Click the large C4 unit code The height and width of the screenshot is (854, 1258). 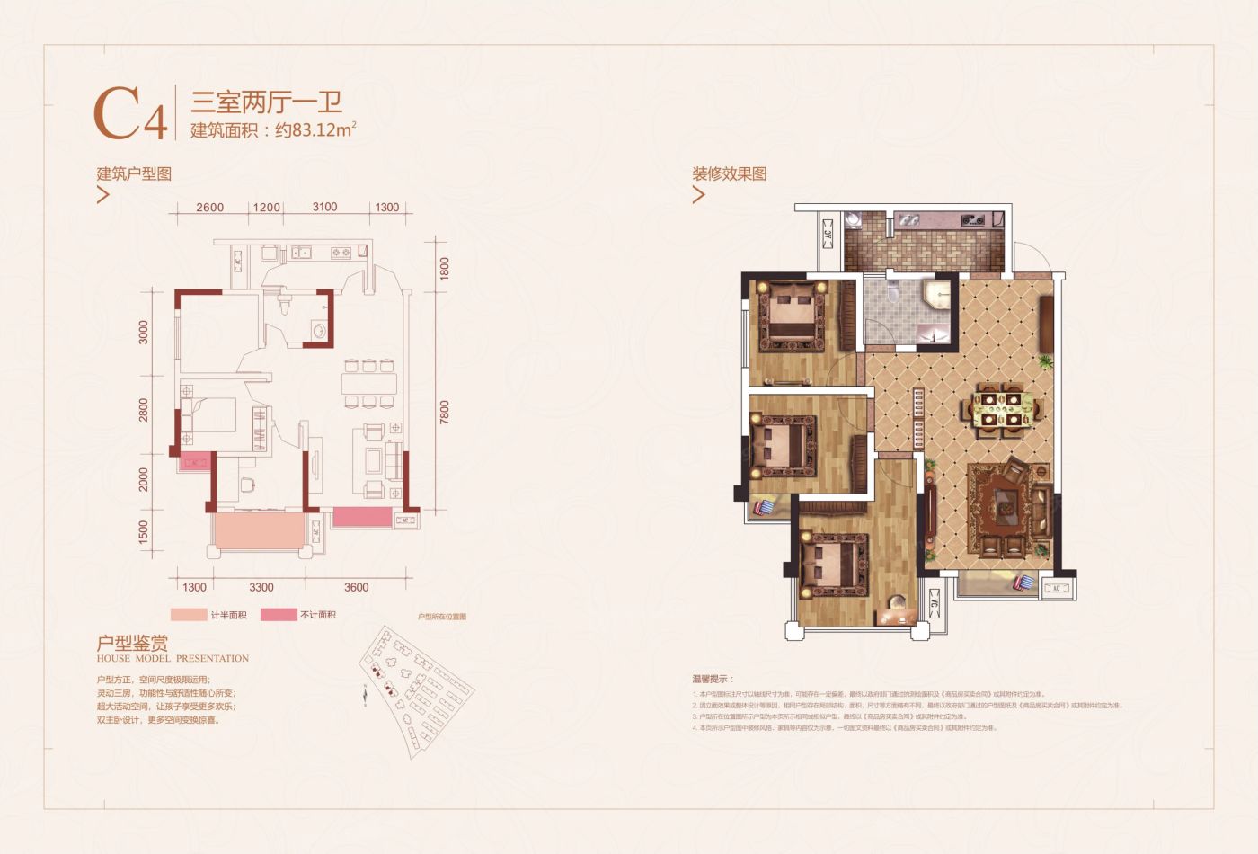point(131,114)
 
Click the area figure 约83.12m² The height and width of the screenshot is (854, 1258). point(315,129)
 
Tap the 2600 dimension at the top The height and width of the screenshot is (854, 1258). point(209,208)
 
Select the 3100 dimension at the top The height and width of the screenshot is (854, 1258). point(324,207)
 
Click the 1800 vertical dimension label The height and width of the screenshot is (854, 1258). point(444,269)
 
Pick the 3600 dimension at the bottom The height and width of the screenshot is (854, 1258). point(356,587)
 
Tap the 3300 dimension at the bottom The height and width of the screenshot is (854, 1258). point(261,587)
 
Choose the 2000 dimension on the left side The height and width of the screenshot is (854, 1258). point(144,479)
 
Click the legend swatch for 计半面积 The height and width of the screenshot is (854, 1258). point(188,615)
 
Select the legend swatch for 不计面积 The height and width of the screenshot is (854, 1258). point(279,615)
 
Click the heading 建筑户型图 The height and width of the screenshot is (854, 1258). point(134,173)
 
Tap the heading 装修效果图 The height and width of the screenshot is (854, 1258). point(729,173)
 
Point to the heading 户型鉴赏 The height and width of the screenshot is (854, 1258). point(132,643)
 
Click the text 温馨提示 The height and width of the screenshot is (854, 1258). point(712,679)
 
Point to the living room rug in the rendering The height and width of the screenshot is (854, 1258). point(1008,510)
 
